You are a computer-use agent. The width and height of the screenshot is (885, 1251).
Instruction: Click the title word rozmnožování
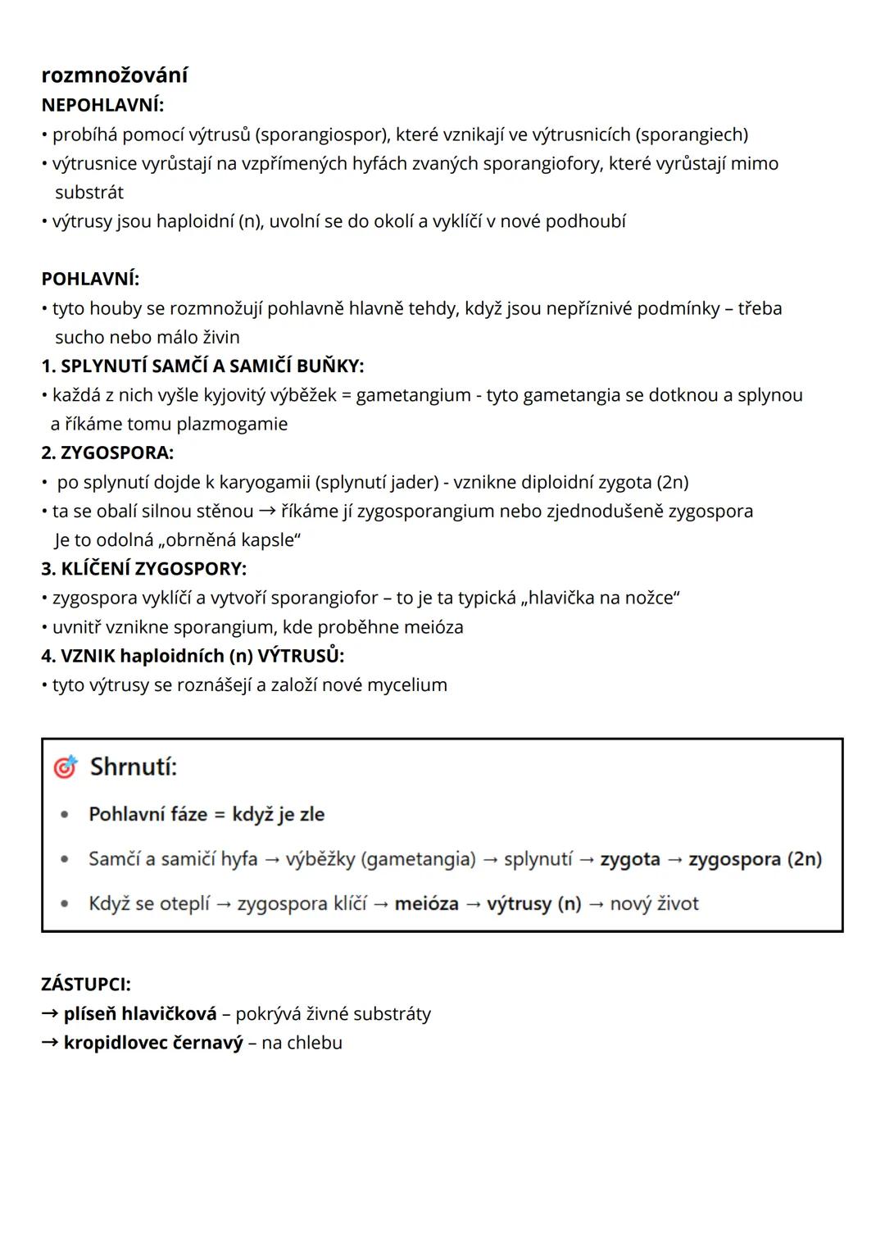(x=114, y=75)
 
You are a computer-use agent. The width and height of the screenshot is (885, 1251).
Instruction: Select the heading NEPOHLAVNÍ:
(x=102, y=105)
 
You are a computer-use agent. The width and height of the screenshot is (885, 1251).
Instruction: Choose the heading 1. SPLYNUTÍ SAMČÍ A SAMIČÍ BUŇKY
(x=202, y=366)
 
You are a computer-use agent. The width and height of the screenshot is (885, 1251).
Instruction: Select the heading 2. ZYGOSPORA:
(x=107, y=453)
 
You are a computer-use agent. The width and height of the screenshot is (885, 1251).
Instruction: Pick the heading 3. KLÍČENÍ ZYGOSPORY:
(x=143, y=569)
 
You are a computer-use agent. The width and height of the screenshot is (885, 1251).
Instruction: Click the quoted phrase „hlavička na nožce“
(x=603, y=598)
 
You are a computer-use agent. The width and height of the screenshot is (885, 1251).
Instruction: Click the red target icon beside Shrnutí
(x=65, y=767)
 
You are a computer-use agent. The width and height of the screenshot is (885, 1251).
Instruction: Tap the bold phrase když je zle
(x=278, y=814)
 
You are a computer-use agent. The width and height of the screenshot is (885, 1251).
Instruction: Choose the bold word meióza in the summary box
(x=426, y=903)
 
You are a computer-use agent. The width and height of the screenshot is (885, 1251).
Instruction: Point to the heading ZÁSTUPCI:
(x=86, y=984)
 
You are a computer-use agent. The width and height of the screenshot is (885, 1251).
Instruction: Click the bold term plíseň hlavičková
(x=140, y=1014)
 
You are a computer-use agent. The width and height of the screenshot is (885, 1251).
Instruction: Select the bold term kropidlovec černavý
(x=153, y=1043)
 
